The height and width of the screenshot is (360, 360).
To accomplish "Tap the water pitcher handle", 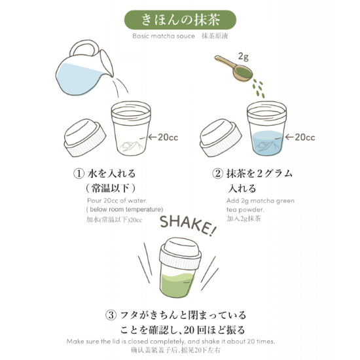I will pyautogui.click(x=84, y=49).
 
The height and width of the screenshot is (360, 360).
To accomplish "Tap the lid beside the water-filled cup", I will pyautogui.click(x=223, y=140).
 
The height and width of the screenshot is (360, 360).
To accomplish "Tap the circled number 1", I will pyautogui.click(x=79, y=174).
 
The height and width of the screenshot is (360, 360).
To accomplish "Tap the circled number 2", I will pyautogui.click(x=218, y=174).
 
